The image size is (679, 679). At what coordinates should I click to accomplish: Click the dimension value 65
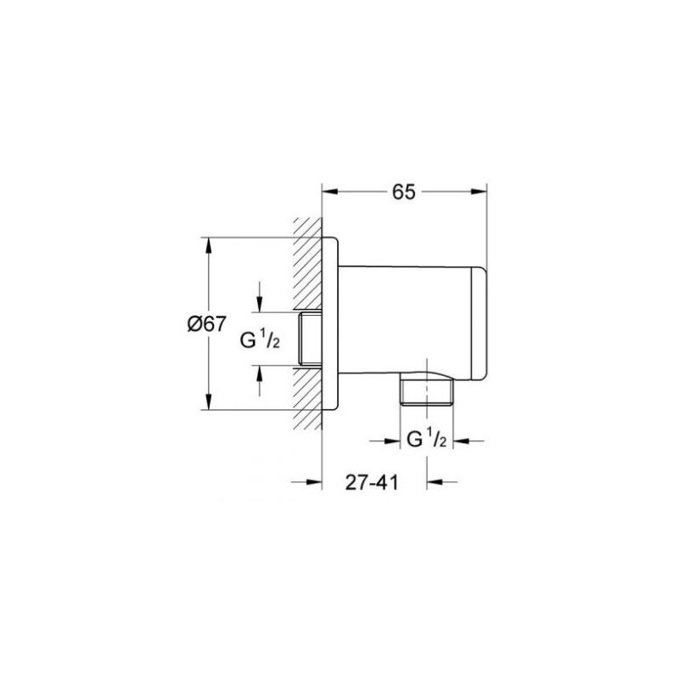[x=403, y=192]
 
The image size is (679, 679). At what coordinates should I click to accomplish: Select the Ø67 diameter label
[x=207, y=323]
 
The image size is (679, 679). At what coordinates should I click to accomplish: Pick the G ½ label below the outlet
[x=428, y=441]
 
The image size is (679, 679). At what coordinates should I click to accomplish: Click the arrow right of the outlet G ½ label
[x=463, y=441]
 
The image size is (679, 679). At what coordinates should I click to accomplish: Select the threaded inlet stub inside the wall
[x=311, y=339]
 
